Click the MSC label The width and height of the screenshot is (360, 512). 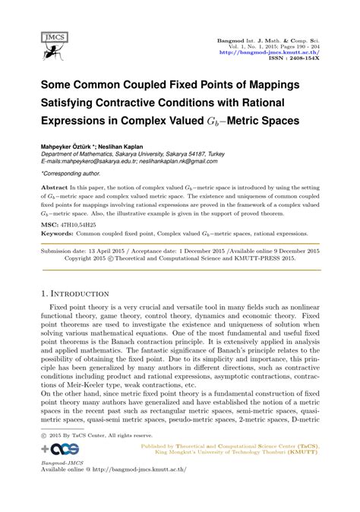pos(49,225)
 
